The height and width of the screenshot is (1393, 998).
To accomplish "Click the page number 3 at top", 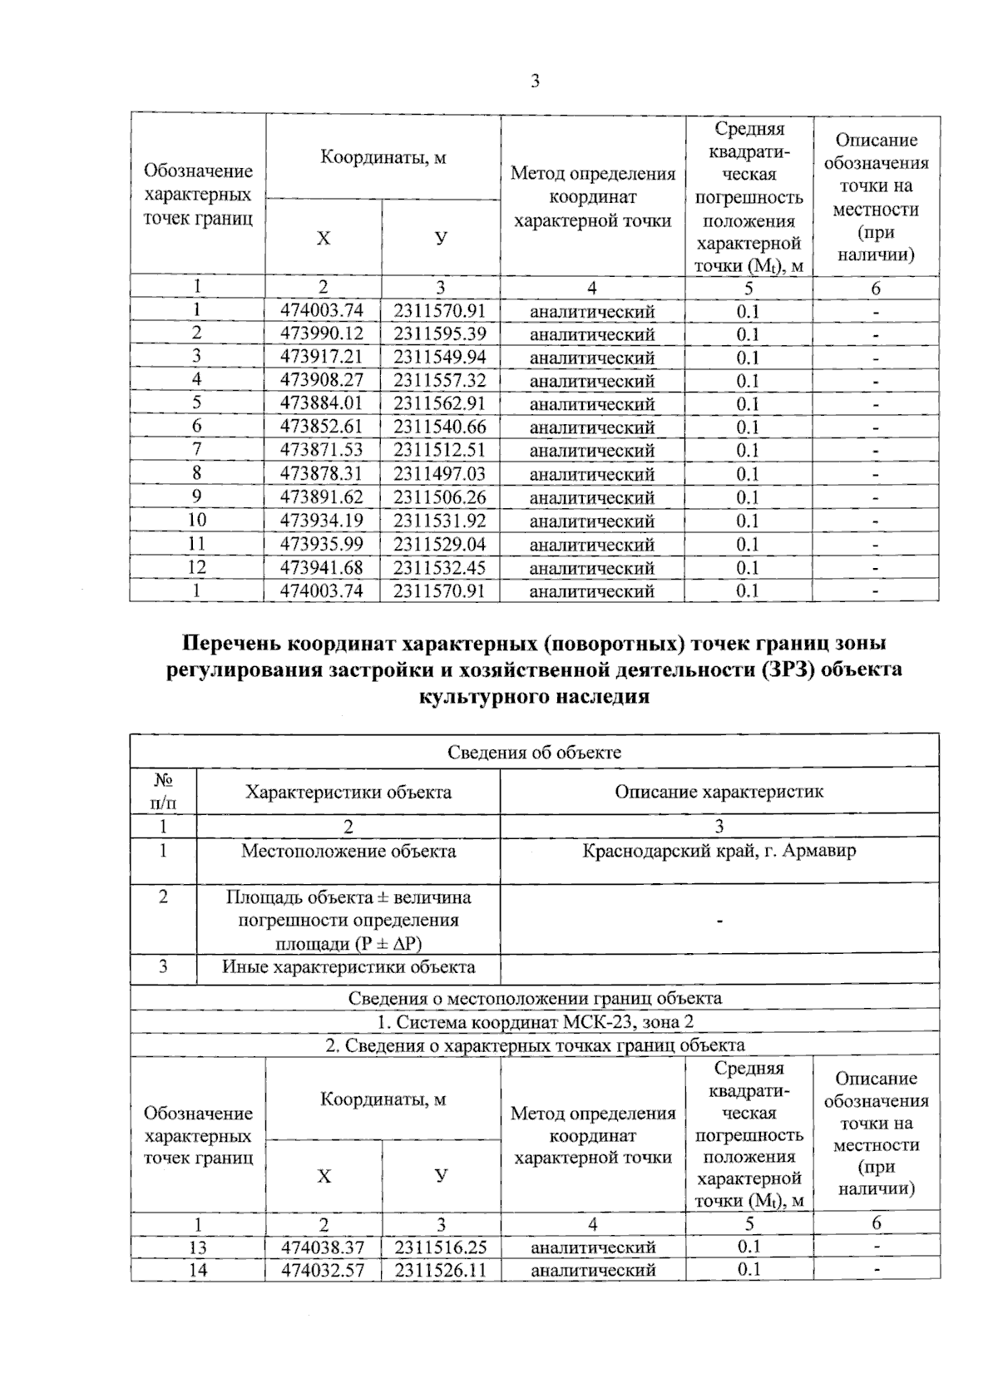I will point(535,82).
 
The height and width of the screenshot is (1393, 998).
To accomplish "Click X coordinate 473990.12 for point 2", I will point(323,334).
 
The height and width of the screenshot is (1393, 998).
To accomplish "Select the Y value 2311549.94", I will point(440,358).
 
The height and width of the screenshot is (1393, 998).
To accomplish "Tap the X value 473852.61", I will point(323,427).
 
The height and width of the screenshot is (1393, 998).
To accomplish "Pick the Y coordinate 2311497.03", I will point(440,474).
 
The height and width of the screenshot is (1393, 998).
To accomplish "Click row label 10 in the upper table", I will point(197,521).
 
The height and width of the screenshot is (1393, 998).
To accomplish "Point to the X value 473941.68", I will point(323,568).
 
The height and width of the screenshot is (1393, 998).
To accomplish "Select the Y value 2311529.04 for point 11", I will point(440,545).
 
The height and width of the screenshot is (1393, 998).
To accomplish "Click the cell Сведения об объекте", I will point(534,752).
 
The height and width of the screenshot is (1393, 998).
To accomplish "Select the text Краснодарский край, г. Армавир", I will point(719,852).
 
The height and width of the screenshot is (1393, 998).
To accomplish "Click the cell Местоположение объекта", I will point(348,852).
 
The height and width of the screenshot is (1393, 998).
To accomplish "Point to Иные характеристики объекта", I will point(348,967).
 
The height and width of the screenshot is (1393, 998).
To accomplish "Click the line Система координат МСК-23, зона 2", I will point(534,1022).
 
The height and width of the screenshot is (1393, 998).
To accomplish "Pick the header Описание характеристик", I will point(719,792).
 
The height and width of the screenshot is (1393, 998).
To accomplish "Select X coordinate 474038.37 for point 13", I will point(323,1247).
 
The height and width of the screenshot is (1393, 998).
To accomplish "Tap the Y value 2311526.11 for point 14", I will point(441,1271).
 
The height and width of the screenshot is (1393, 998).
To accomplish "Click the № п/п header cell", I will point(163,792).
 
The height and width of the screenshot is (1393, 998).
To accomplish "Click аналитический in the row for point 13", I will point(593,1247).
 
